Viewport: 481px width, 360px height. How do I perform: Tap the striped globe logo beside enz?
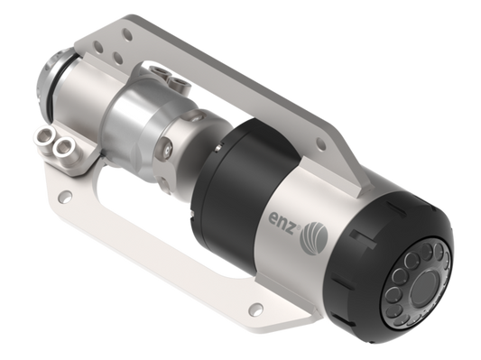click(315, 236)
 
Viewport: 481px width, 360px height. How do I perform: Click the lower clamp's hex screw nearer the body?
click(62, 144)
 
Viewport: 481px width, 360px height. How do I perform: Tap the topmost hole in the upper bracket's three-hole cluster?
click(127, 34)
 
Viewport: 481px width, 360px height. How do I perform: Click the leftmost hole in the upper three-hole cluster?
click(98, 47)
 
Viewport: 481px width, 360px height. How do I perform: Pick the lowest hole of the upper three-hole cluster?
click(117, 57)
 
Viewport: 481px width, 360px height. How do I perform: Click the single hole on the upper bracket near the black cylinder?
click(321, 143)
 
